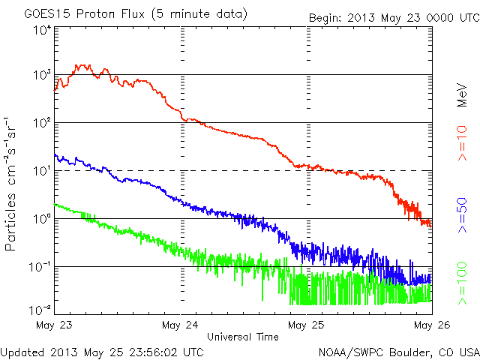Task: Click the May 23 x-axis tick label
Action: coord(52,325)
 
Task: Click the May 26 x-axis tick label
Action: coord(430,325)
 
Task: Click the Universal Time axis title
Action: coord(242,337)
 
